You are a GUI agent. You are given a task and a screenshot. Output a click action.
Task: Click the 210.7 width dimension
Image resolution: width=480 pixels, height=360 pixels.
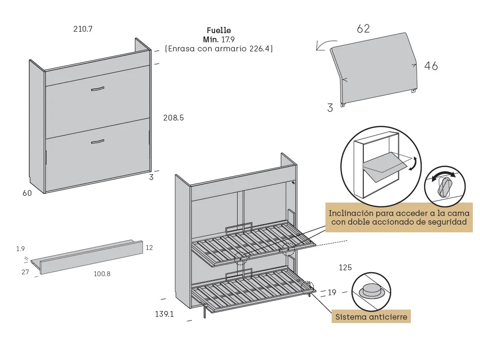83,29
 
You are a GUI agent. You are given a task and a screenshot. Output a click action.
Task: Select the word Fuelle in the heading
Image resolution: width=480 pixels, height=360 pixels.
219,31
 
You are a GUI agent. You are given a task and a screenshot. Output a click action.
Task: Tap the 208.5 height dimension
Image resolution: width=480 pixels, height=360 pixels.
173,118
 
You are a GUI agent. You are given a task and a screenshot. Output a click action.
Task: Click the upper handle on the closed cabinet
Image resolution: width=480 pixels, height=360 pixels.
97,89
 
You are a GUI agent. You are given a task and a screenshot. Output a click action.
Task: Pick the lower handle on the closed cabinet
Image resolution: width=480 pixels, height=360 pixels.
97,141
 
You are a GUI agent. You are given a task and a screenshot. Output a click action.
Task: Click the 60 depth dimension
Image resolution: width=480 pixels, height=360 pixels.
27,193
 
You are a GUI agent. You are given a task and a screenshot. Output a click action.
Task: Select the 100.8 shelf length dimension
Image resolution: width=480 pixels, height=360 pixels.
101,274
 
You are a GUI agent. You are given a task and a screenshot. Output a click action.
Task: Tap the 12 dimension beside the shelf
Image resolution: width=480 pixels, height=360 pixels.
149,248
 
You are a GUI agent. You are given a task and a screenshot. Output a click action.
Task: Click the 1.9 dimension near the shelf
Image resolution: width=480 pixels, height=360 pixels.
20,249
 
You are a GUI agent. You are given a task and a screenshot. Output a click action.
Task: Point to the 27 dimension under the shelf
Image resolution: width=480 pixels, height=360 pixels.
25,272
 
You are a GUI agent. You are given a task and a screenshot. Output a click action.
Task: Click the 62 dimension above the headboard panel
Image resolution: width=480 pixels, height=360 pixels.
363,29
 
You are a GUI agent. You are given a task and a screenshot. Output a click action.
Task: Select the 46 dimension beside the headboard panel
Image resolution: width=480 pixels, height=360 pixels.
431,66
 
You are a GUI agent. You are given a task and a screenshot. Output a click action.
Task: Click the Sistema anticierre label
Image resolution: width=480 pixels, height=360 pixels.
371,317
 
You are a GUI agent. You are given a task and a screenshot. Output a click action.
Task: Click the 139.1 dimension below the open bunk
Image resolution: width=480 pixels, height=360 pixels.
164,314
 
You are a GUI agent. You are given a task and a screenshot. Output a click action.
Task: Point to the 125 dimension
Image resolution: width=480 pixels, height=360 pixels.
346,267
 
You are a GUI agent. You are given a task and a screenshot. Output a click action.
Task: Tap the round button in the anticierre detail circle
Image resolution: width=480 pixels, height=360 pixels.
371,289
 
